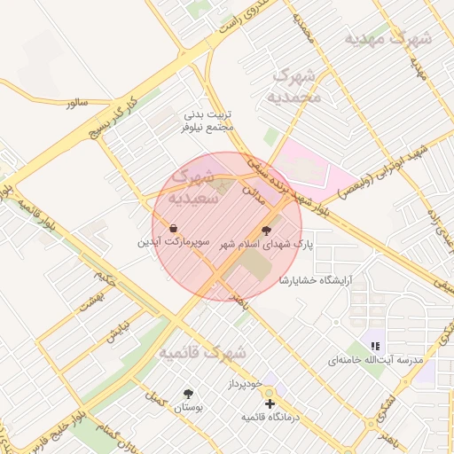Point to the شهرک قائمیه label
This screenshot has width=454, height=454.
pyautogui.click(x=202, y=353)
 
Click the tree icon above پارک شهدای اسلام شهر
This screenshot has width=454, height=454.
pyautogui.click(x=268, y=228)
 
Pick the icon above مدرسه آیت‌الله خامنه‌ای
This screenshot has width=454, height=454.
pyautogui.click(x=376, y=346)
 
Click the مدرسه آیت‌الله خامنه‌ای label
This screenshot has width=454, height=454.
pyautogui.click(x=376, y=360)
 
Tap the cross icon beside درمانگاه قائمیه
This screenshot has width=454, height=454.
pyautogui.click(x=270, y=403)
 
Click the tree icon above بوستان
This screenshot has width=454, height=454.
pyautogui.click(x=188, y=393)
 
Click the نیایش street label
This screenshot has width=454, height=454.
pyautogui.click(x=113, y=333)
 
